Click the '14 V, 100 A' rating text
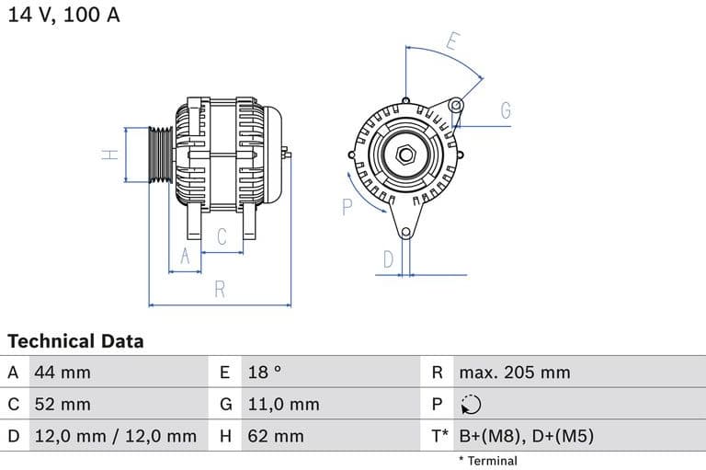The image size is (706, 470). click(63, 16)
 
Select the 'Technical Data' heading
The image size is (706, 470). click(75, 341)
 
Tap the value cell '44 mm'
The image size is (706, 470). click(63, 373)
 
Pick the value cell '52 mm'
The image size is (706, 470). click(63, 404)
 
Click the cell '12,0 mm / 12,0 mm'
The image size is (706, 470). click(115, 436)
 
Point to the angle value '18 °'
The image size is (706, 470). click(265, 373)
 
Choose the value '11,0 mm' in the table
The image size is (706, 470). click(283, 404)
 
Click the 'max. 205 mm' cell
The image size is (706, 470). click(515, 373)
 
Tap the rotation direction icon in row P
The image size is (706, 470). click(470, 405)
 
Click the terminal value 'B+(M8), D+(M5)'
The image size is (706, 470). click(526, 436)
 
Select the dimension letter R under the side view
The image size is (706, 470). click(220, 290)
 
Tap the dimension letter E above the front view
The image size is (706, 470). click(452, 41)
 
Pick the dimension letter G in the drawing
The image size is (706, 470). click(506, 111)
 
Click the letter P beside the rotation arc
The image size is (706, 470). click(347, 207)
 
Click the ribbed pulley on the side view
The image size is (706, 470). click(161, 155)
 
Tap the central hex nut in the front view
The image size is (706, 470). click(404, 154)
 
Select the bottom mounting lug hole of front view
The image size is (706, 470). click(405, 228)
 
